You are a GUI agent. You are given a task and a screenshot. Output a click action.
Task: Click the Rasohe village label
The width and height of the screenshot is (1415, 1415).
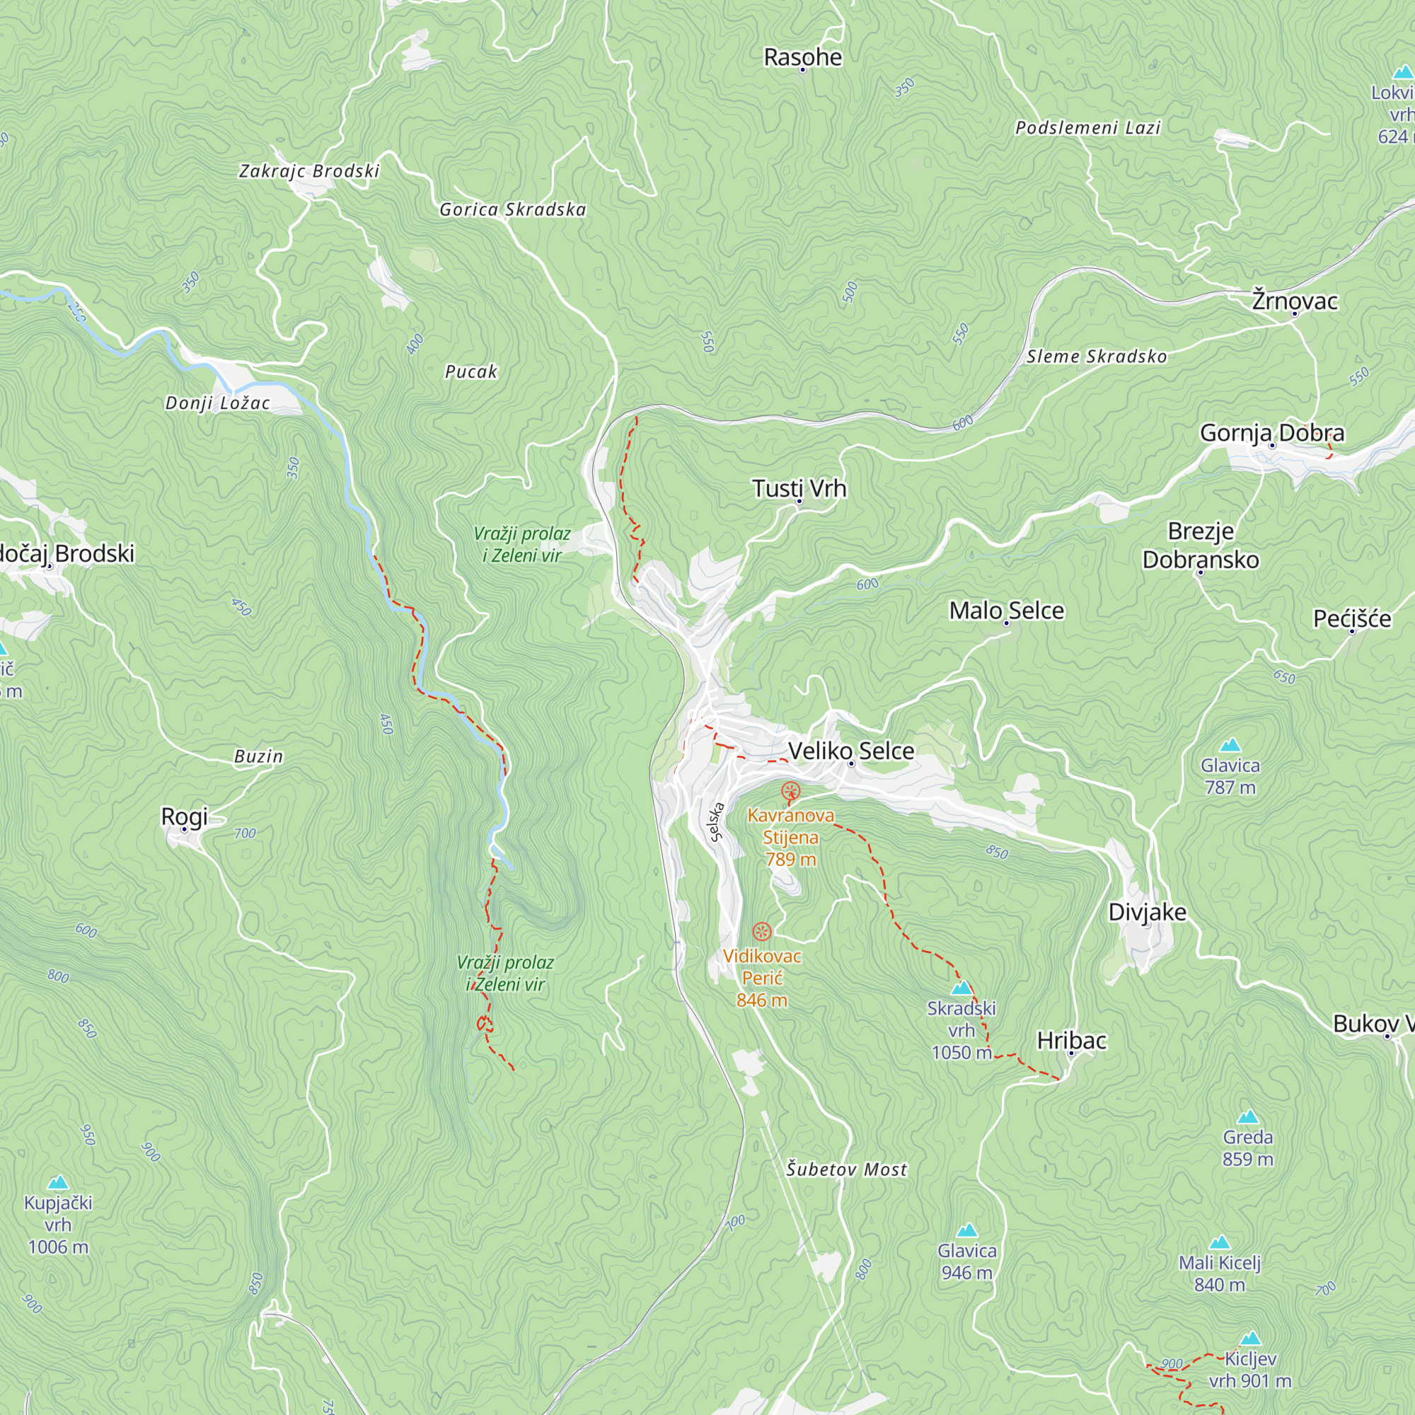tap(803, 57)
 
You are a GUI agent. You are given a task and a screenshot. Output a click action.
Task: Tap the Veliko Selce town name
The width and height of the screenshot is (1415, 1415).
tap(851, 751)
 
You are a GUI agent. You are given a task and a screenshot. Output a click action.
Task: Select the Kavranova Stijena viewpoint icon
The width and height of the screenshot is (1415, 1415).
tap(790, 791)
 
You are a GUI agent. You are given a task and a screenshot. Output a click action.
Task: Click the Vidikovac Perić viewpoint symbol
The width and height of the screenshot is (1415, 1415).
tap(762, 932)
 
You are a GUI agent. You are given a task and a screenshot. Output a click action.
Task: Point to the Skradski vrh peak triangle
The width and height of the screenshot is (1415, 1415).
tap(961, 988)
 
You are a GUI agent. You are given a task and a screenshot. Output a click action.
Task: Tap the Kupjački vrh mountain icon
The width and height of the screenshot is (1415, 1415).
tap(58, 1183)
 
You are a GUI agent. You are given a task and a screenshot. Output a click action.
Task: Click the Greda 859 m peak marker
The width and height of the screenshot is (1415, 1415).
tap(1247, 1117)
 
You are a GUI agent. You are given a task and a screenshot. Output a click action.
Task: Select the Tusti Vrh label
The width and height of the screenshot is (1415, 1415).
tap(799, 487)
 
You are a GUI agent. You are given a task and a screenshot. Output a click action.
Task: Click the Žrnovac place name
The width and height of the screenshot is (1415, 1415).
tap(1294, 301)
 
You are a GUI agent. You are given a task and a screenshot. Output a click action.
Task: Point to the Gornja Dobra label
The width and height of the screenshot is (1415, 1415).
tap(1271, 433)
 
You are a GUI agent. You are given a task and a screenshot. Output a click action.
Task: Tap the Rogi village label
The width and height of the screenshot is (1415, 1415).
tap(185, 816)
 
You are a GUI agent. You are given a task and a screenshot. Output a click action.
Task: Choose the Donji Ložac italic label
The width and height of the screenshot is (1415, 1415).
tap(217, 403)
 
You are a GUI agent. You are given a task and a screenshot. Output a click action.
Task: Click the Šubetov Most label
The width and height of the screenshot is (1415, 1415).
tap(847, 1169)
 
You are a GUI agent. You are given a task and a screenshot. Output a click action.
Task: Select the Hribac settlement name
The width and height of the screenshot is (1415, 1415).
tap(1070, 1040)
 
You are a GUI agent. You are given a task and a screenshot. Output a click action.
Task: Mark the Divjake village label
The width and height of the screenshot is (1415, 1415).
tap(1147, 912)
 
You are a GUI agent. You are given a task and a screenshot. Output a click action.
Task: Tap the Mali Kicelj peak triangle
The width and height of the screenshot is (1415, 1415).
tap(1219, 1242)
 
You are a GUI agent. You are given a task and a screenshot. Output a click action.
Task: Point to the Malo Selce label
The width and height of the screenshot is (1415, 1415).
tap(1006, 610)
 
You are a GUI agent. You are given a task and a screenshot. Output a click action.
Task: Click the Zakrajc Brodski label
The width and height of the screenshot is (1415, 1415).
tap(309, 171)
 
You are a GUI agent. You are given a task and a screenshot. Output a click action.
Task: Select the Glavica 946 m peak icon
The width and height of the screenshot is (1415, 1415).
tap(966, 1230)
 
